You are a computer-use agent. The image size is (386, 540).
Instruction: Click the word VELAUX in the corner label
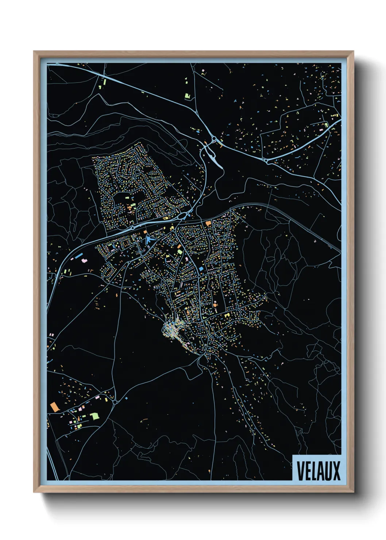[318, 471]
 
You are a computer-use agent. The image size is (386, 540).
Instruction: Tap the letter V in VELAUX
[300, 471]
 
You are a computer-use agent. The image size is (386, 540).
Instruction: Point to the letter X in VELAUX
[336, 471]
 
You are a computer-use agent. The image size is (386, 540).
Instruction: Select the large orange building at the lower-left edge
[55, 407]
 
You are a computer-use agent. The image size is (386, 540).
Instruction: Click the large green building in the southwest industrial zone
[95, 416]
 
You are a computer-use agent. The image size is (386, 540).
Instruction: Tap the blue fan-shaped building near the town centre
[149, 240]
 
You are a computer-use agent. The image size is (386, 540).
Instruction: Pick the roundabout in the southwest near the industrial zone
[115, 402]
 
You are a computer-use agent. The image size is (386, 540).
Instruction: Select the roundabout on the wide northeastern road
[267, 160]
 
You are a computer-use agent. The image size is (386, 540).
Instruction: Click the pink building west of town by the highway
[84, 261]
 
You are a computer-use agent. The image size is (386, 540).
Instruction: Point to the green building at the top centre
[188, 96]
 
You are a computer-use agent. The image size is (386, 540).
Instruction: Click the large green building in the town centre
[180, 251]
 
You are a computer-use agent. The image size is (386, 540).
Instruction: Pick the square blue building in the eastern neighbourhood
[201, 269]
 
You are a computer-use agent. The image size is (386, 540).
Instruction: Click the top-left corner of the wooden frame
[34, 52]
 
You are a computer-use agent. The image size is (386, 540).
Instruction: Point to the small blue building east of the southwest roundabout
[127, 398]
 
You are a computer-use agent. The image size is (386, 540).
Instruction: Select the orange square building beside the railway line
[208, 223]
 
